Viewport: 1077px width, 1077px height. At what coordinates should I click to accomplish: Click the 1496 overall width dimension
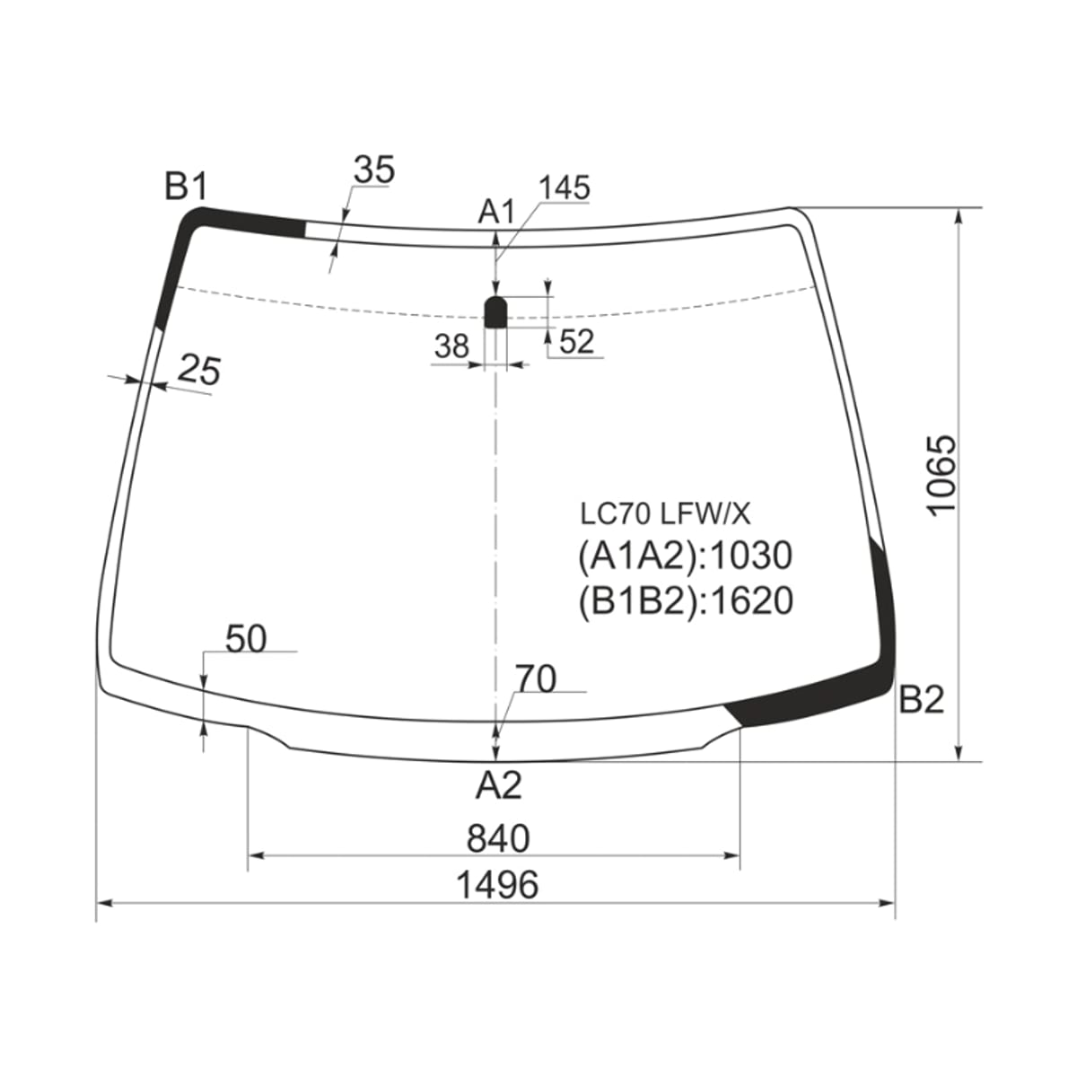pos(497,885)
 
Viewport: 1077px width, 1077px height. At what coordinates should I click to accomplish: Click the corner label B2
pos(921,699)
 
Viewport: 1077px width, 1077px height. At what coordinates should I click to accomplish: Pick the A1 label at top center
pos(495,213)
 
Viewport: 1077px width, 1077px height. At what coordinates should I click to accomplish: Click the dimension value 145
pos(565,188)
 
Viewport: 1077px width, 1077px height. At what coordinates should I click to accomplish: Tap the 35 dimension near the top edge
pos(374,170)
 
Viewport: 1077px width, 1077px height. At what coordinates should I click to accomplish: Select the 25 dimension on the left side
pos(199,370)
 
